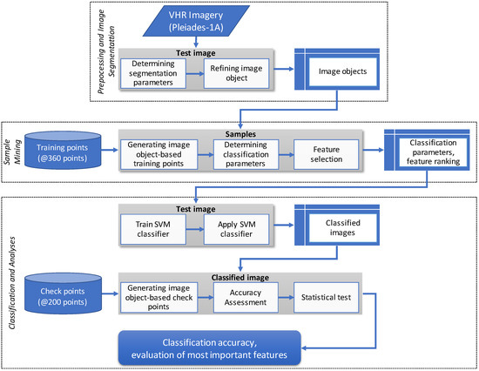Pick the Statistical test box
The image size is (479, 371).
[x=323, y=296]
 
